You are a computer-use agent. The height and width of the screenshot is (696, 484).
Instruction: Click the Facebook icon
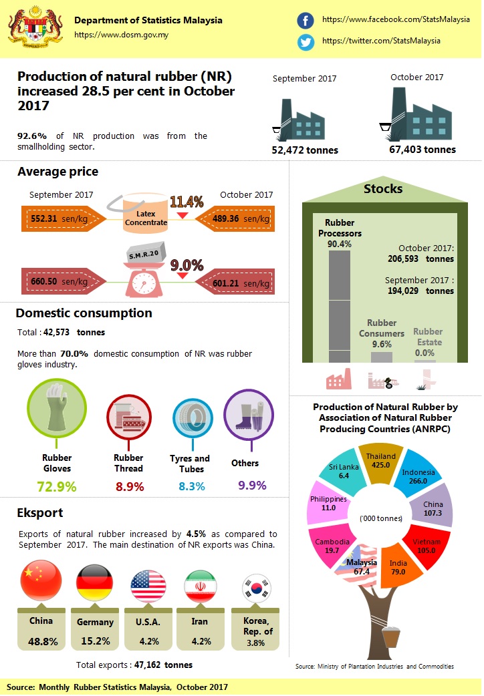306,21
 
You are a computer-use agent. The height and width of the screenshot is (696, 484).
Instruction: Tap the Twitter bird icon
306,41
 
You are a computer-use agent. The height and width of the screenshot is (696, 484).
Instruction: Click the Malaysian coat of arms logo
32,30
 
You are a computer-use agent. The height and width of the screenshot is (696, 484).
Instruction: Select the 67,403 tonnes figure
422,150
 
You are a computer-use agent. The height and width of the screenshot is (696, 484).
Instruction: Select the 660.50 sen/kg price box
60,282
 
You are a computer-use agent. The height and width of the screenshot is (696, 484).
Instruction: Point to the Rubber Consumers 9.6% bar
382,357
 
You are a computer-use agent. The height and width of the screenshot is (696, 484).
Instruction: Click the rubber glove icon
56,407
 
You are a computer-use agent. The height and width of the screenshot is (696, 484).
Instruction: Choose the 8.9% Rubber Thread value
128,486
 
